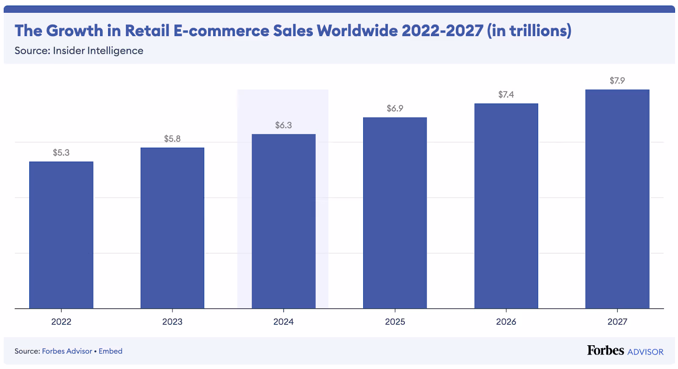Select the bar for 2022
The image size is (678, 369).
point(61,235)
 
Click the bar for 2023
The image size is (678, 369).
point(172,228)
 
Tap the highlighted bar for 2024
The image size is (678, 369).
point(283,221)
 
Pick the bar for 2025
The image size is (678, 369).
point(395,213)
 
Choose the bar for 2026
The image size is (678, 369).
point(506,206)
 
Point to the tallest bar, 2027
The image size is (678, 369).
point(617,199)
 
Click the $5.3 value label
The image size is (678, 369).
point(61,153)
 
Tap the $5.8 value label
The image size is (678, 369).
point(172,139)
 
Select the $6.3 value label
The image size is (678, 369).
point(283,125)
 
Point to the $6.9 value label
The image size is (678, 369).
point(395,109)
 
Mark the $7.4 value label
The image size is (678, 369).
point(506,95)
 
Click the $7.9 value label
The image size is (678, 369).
point(617,81)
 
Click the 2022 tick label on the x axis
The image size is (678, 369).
point(61,322)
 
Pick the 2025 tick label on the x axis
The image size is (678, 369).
point(395,322)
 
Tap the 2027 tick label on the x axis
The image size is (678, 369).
point(617,322)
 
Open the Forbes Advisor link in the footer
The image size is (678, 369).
point(67,351)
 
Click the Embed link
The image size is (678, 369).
point(111,351)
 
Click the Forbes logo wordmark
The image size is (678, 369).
point(605,350)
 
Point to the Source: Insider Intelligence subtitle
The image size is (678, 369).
point(79,51)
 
